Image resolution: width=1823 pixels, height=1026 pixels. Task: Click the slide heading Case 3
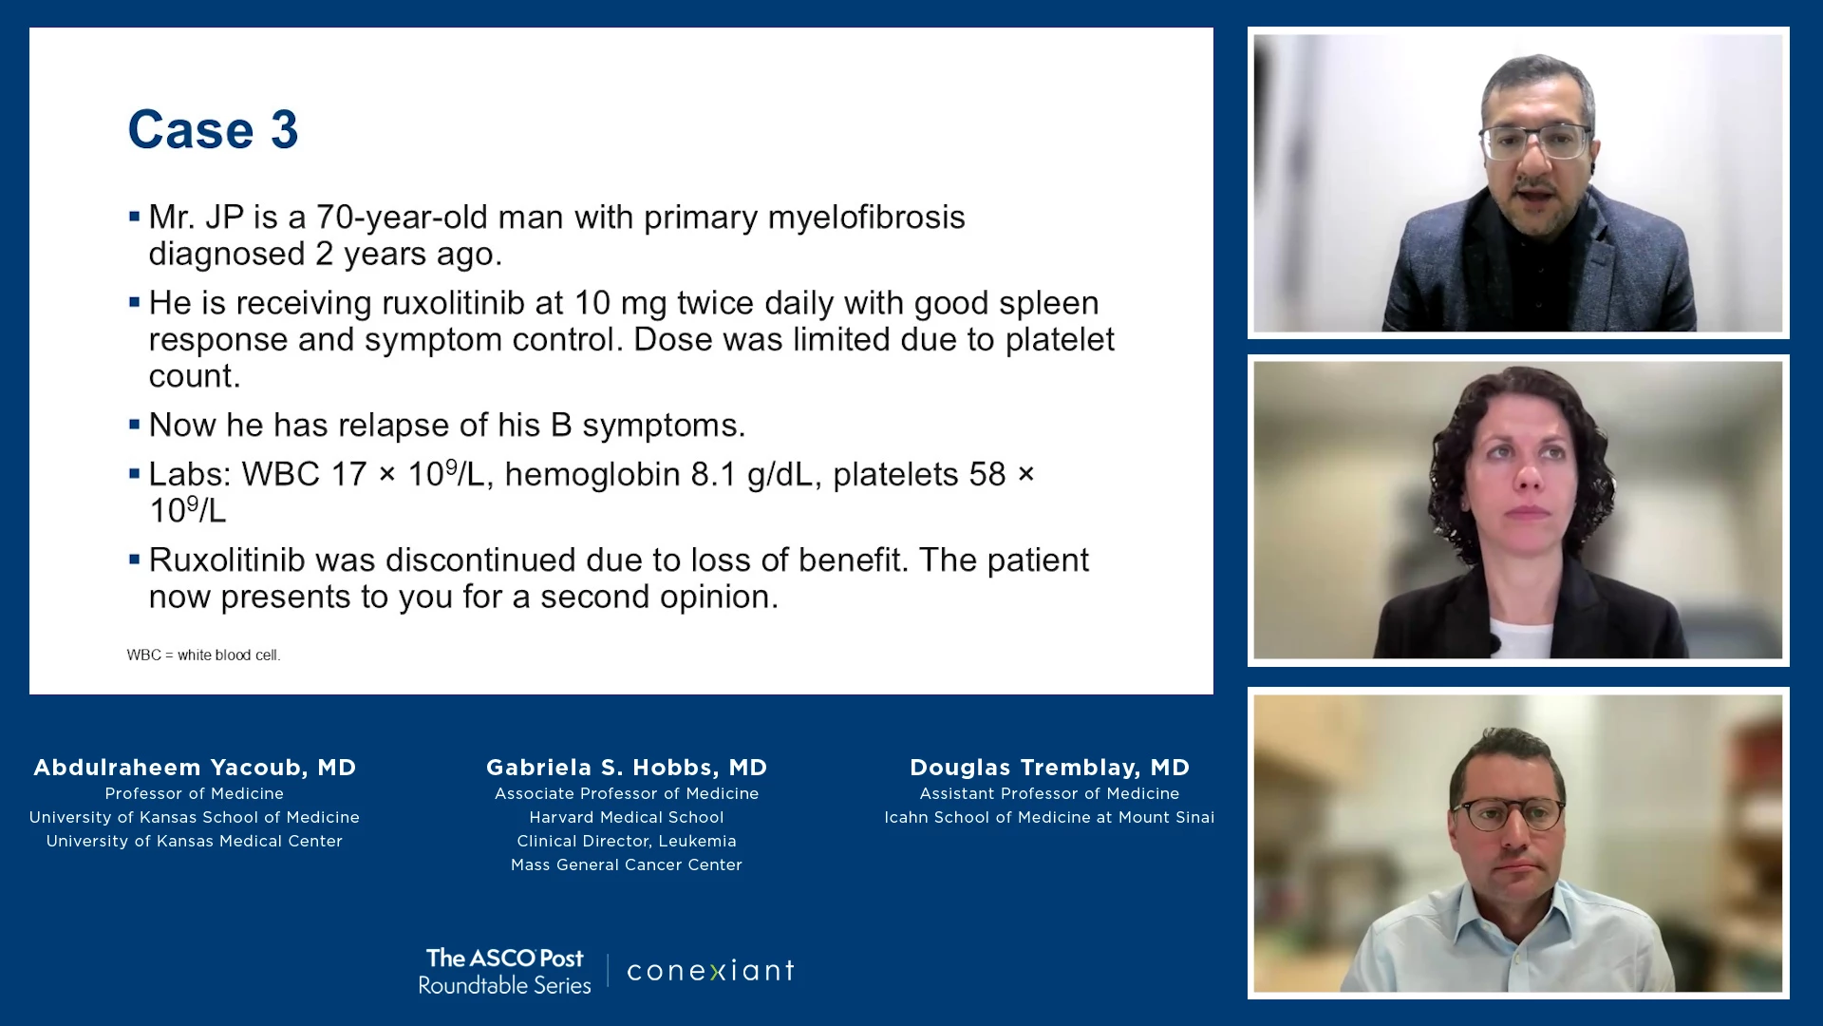[x=214, y=129]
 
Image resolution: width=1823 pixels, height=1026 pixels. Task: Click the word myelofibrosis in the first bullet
[x=866, y=218]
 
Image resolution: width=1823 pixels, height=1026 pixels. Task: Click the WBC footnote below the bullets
[x=203, y=655]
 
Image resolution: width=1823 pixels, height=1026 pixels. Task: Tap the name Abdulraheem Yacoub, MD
[x=195, y=768]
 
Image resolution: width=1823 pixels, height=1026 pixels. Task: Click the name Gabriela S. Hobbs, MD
[x=627, y=768]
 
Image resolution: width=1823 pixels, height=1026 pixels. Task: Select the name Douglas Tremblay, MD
[x=1049, y=768]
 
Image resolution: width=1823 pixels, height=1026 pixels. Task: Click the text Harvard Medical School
[x=627, y=817]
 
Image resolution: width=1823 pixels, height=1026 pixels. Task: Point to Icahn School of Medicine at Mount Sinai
[x=1049, y=817]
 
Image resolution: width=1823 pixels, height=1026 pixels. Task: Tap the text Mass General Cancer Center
[x=627, y=864]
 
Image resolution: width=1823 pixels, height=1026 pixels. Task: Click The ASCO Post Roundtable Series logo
[x=504, y=971]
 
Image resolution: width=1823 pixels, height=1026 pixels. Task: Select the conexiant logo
[x=710, y=971]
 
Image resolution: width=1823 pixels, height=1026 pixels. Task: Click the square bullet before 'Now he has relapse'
[x=135, y=424]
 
